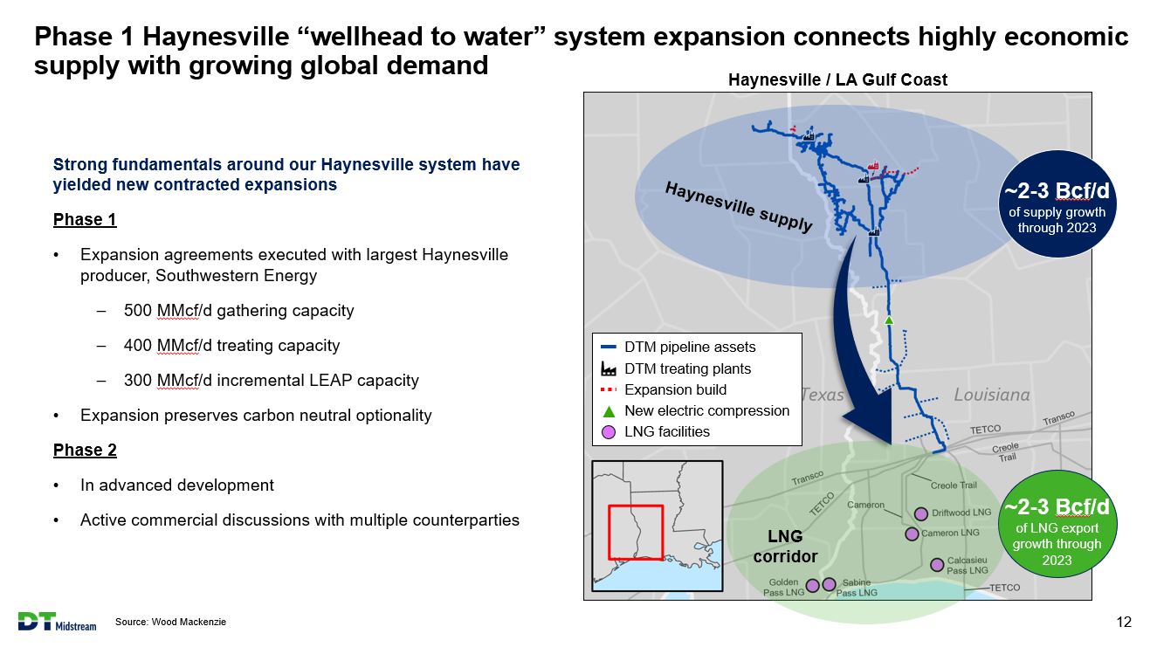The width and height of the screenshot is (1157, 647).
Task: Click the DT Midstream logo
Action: tap(57, 622)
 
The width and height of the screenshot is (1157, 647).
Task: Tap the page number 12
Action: tap(1124, 622)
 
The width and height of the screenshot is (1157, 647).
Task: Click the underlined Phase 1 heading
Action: tap(85, 219)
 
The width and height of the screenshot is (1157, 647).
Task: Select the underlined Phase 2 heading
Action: tap(85, 450)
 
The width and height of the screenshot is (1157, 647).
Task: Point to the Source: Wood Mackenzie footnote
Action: tap(170, 622)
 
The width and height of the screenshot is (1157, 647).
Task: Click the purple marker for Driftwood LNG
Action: tap(921, 513)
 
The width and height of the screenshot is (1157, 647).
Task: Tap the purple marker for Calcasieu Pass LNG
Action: tap(937, 564)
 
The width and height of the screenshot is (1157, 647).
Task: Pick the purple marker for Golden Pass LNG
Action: tap(812, 586)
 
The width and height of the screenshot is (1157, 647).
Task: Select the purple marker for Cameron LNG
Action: tap(912, 533)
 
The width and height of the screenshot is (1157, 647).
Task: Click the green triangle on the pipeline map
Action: tap(889, 320)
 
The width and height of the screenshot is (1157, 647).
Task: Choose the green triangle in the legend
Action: tap(609, 411)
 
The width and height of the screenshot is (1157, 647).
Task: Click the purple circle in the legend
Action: tap(609, 432)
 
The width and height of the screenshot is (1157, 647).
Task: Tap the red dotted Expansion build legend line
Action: tap(609, 389)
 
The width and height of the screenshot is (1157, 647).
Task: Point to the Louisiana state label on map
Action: tap(991, 395)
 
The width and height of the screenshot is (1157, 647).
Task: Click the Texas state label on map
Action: tap(823, 395)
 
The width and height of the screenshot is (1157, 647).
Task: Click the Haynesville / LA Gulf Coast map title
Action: tap(837, 80)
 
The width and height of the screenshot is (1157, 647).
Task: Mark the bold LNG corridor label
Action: tap(785, 547)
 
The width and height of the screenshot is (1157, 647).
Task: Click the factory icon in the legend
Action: tap(609, 368)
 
